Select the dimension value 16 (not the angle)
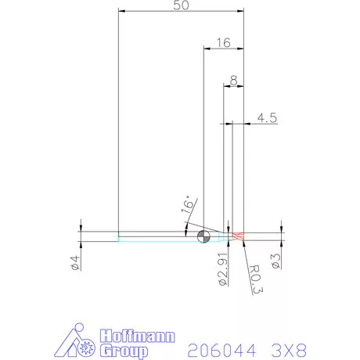[x=223, y=43]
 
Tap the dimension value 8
[x=233, y=80]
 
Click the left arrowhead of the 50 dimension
[x=121, y=12]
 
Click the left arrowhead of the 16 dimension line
[x=206, y=49]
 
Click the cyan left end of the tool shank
[x=118, y=236]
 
